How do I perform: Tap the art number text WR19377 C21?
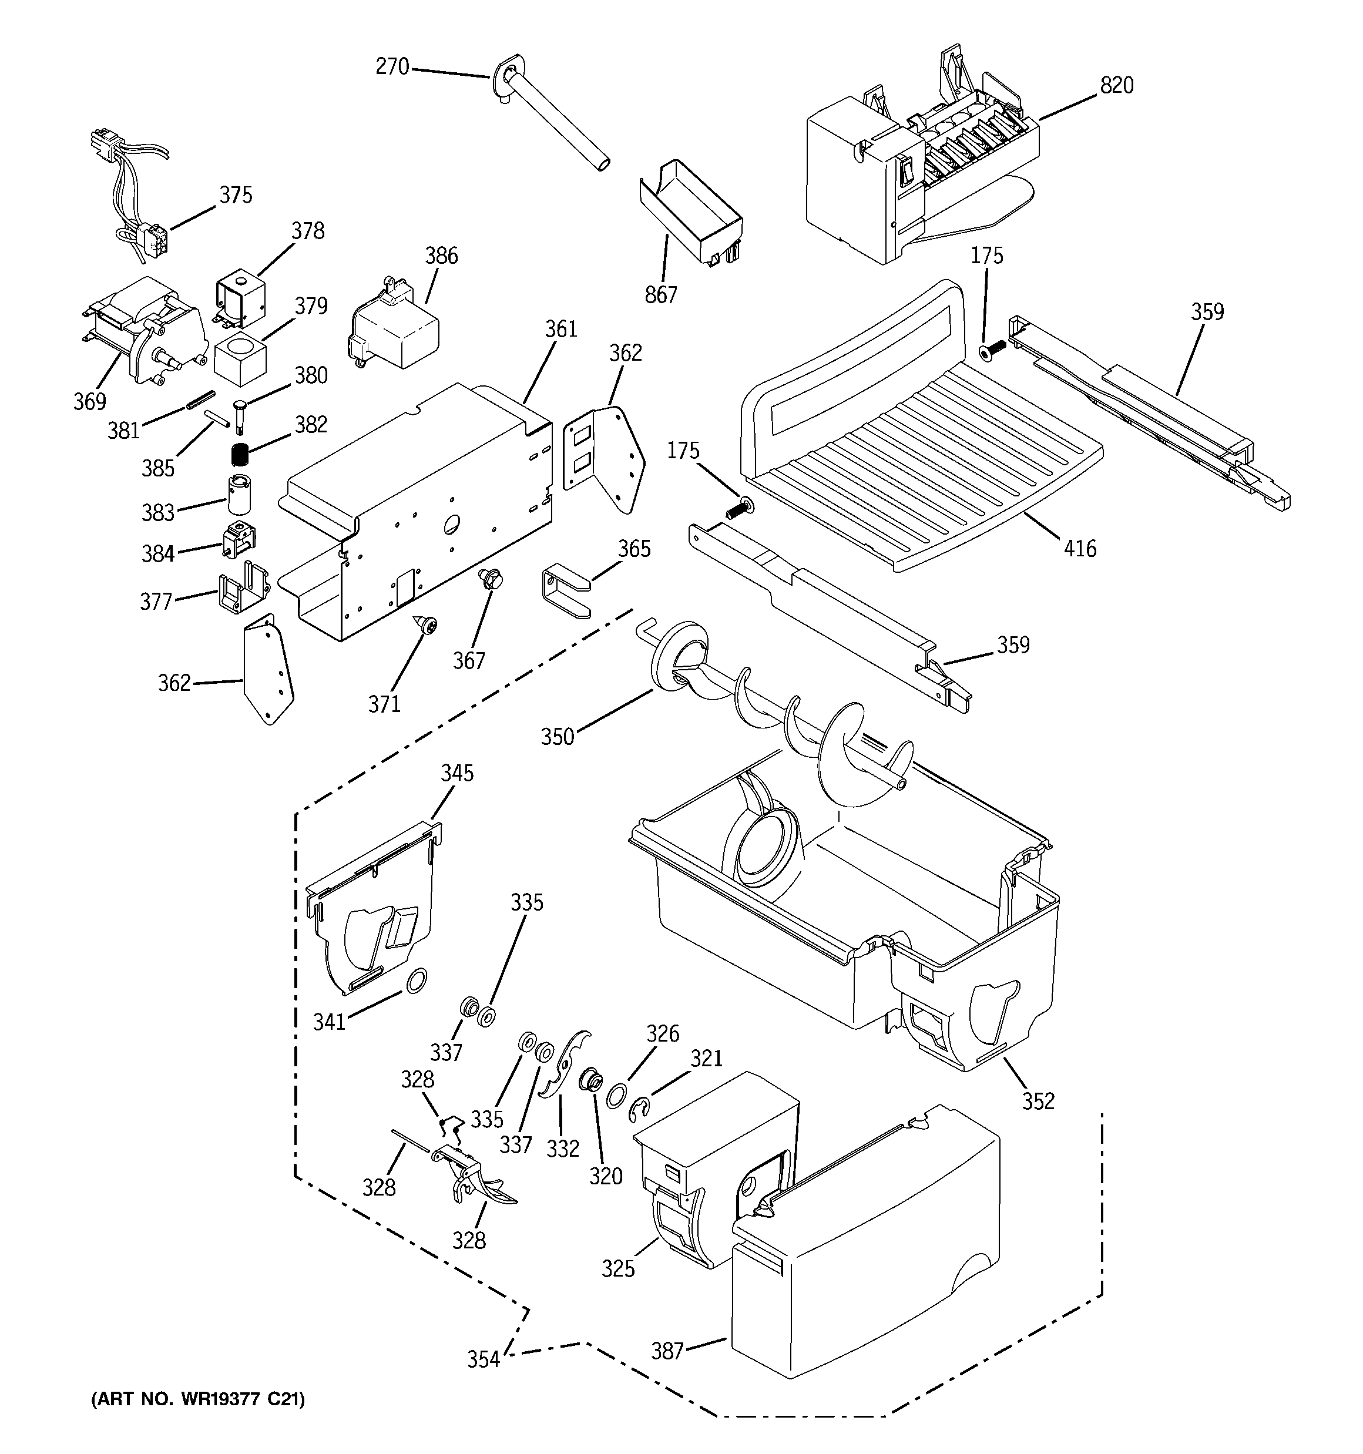[197, 1399]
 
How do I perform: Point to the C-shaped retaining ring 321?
[639, 1111]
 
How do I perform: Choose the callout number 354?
[483, 1359]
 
